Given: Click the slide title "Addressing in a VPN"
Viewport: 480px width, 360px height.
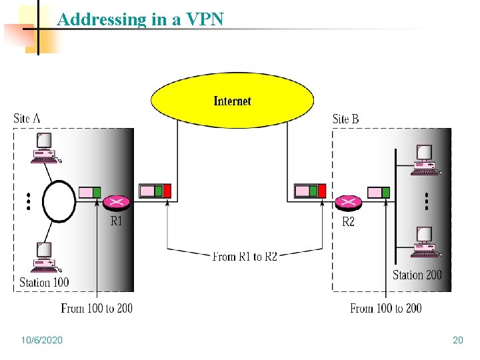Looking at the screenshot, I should click(140, 19).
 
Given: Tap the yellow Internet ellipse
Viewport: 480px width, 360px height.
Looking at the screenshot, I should click(232, 101).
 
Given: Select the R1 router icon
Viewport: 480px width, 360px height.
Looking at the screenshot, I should click(117, 202).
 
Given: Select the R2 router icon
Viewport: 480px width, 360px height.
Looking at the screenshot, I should click(347, 202).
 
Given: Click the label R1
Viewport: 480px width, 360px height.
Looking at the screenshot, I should click(116, 221).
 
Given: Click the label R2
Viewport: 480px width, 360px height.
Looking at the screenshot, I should click(348, 221).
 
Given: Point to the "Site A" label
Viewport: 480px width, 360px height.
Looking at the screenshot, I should click(27, 119).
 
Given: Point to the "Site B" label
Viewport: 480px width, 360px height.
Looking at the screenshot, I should click(345, 119).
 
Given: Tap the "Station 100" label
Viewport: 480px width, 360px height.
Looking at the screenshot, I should click(44, 282).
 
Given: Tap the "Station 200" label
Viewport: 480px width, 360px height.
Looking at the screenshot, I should click(417, 275).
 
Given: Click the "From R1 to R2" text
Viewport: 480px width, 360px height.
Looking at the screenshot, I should click(245, 256).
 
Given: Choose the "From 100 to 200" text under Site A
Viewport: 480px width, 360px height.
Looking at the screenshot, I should click(97, 308).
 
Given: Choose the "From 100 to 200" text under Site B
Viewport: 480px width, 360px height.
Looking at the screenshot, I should click(385, 308).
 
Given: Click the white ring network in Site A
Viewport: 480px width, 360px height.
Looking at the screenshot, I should click(59, 201).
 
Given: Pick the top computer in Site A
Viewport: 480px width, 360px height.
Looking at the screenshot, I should click(45, 147).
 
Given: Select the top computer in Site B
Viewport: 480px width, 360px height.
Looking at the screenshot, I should click(424, 159).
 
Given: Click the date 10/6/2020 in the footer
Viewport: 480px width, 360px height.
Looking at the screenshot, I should click(41, 341).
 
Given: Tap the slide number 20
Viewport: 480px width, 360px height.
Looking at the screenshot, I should click(457, 341).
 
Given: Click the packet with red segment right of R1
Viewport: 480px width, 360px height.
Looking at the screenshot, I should click(155, 192).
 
